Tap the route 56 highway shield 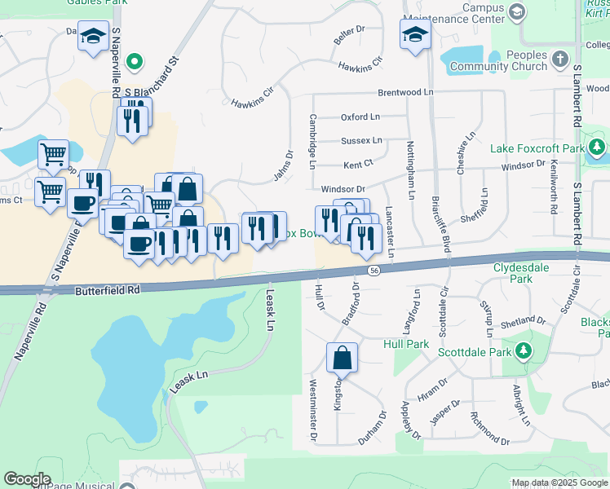(374, 271)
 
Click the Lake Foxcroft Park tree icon (598, 148)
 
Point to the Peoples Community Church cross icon (559, 59)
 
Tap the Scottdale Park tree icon (523, 352)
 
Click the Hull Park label (406, 344)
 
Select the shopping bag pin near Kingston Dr (342, 358)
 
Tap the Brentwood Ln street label (404, 93)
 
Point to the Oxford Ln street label (360, 117)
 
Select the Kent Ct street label (358, 164)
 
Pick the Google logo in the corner (27, 478)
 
